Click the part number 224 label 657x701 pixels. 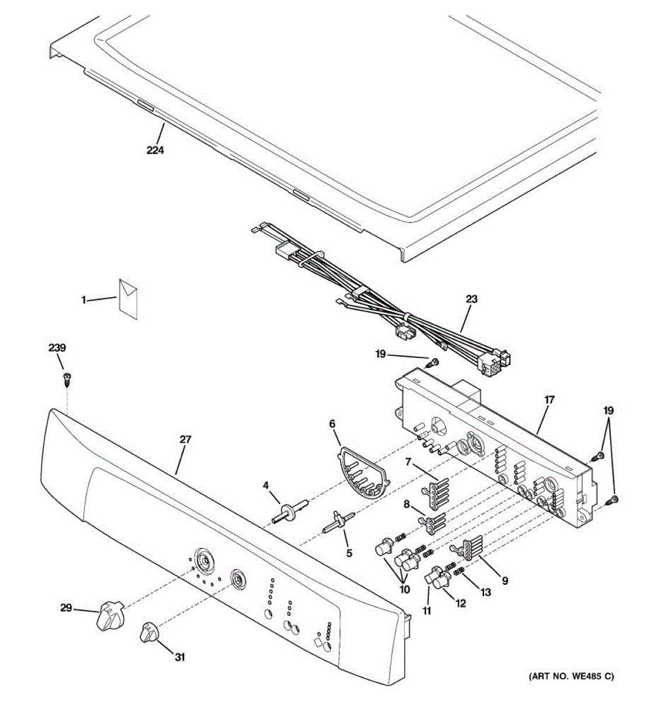(155, 150)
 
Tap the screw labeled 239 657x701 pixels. (66, 380)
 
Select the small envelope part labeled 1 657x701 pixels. (128, 298)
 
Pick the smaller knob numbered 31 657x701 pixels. (150, 633)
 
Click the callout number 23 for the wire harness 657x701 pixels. (471, 299)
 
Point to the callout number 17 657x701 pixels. (549, 400)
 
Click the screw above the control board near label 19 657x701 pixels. (433, 363)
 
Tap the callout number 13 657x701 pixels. (485, 592)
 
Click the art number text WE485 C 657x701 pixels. (571, 677)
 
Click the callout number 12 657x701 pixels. (461, 603)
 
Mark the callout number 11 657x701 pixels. (427, 611)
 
